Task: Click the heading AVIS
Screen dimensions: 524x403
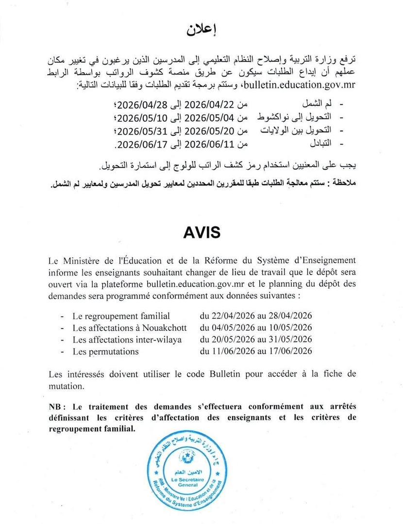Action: (201, 233)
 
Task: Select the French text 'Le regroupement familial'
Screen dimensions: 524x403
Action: (121, 316)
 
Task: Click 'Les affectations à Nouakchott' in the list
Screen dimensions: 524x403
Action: (129, 328)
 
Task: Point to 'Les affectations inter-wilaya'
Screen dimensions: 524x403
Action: (127, 340)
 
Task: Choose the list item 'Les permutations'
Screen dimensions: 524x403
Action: (105, 351)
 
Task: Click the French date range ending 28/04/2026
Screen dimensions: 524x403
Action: (255, 316)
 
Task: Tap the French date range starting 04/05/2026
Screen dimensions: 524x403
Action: (255, 328)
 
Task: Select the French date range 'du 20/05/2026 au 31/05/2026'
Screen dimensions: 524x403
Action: (255, 340)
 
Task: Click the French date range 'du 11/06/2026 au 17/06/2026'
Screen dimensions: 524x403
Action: (255, 351)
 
